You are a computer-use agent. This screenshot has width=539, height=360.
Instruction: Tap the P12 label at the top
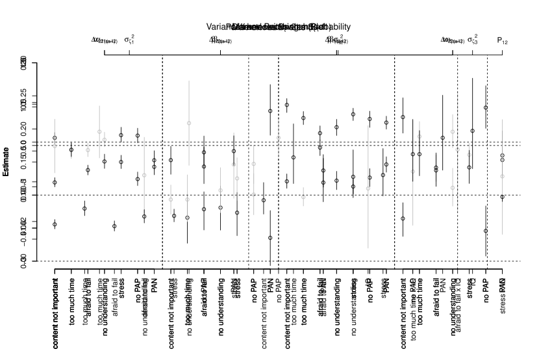(502, 40)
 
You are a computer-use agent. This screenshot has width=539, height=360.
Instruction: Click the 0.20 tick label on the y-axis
(24, 142)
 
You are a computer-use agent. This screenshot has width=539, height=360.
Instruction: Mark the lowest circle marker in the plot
(270, 238)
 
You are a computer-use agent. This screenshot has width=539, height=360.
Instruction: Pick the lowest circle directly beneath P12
(502, 197)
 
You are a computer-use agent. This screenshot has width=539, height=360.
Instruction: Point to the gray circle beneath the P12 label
(502, 176)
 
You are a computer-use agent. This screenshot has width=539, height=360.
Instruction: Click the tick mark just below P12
(502, 52)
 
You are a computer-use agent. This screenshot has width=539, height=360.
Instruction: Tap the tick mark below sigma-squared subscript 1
(129, 52)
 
